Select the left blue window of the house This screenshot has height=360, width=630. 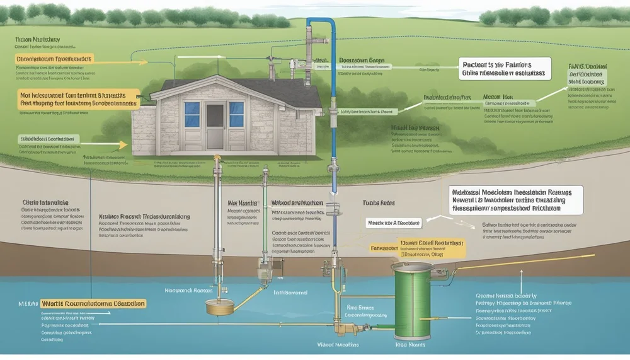pyautogui.click(x=192, y=113)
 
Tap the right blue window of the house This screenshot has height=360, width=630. pyautogui.click(x=236, y=114)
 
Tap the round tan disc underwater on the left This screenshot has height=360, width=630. pyautogui.click(x=220, y=307)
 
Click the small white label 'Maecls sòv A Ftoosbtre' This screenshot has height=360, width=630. pyautogui.click(x=394, y=223)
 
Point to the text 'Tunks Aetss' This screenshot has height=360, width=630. pyautogui.click(x=378, y=204)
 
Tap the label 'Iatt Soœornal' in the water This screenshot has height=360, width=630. pyautogui.click(x=290, y=293)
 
